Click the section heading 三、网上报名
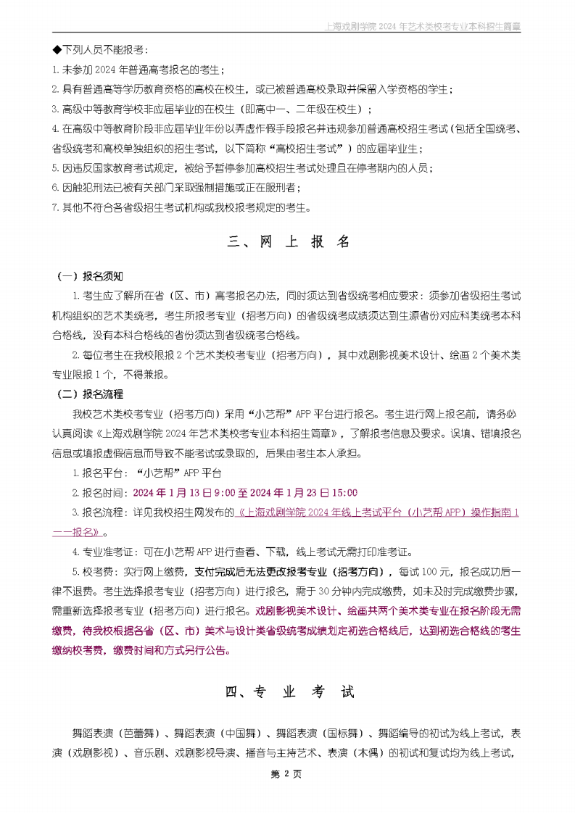[x=289, y=242]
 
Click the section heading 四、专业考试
[x=289, y=692]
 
